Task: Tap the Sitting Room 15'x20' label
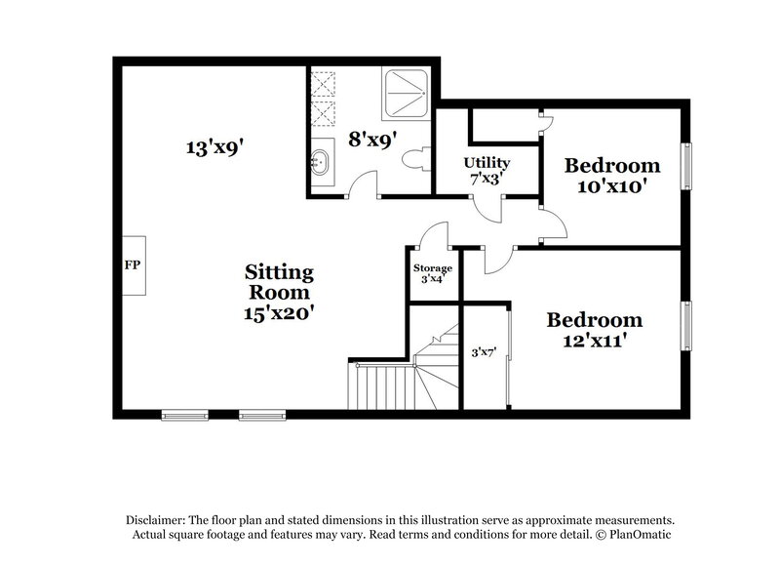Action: pos(279,292)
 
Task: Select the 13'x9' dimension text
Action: pos(214,148)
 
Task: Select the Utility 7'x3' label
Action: pos(487,170)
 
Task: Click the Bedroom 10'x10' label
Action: pos(612,175)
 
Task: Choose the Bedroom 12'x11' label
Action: pos(594,329)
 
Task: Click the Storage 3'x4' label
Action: pos(433,272)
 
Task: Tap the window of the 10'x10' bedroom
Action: pos(689,166)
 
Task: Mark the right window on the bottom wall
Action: pos(261,414)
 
